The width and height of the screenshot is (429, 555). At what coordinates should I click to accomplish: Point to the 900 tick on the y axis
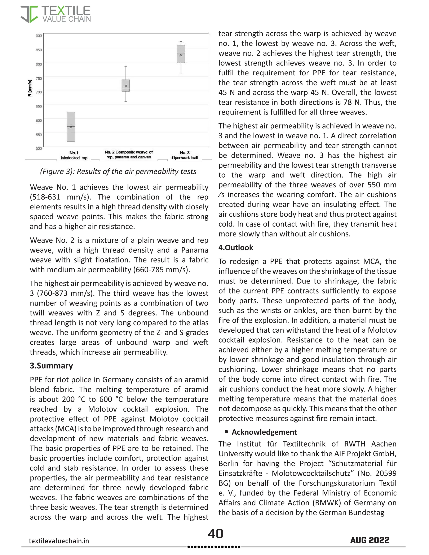tap(39, 36)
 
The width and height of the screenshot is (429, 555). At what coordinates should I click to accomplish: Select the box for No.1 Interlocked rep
tap(71, 126)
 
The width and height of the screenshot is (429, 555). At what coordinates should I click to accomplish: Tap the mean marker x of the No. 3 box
tap(181, 55)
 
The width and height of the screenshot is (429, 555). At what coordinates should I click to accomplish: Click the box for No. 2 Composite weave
tap(126, 86)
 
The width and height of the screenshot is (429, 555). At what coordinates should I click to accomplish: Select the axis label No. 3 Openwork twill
tap(185, 155)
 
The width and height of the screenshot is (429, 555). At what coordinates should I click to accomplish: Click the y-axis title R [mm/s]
tap(30, 88)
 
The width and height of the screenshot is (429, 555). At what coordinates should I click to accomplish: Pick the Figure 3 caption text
tap(118, 172)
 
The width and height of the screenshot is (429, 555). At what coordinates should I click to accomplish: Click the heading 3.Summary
tap(51, 366)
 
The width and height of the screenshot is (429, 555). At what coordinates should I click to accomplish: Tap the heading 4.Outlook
tap(236, 248)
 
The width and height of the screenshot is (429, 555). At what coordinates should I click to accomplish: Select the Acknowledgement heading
tap(264, 432)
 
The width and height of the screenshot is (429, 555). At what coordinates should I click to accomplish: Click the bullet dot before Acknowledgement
tap(226, 432)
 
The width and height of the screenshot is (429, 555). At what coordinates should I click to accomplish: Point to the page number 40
tap(215, 533)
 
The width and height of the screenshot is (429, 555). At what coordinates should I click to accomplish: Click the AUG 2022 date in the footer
tap(370, 540)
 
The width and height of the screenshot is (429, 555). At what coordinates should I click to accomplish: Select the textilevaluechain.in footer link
tap(59, 541)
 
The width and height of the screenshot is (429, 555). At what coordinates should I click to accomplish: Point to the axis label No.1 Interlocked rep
tap(74, 155)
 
